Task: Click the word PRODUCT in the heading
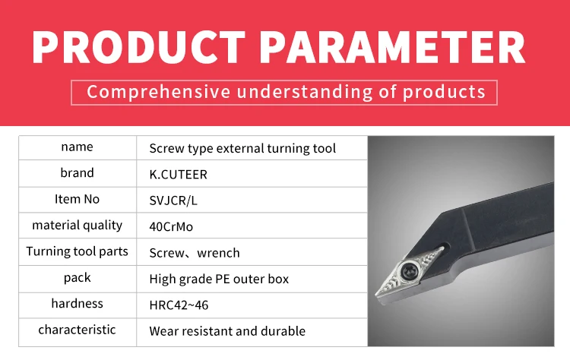click(138, 48)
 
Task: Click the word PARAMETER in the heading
click(392, 48)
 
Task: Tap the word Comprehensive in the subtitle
click(159, 92)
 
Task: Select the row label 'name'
click(77, 147)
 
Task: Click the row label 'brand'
click(77, 172)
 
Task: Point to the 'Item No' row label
click(77, 199)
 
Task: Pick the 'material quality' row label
click(77, 226)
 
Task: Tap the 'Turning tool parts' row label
click(77, 251)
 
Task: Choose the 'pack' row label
click(77, 278)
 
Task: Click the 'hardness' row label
click(77, 303)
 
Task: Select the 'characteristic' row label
click(77, 330)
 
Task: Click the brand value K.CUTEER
click(178, 175)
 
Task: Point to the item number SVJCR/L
click(173, 201)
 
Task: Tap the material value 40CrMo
click(171, 227)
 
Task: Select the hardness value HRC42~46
click(179, 305)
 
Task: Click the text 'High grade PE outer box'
click(219, 279)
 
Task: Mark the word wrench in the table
click(218, 253)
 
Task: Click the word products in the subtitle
click(444, 92)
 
